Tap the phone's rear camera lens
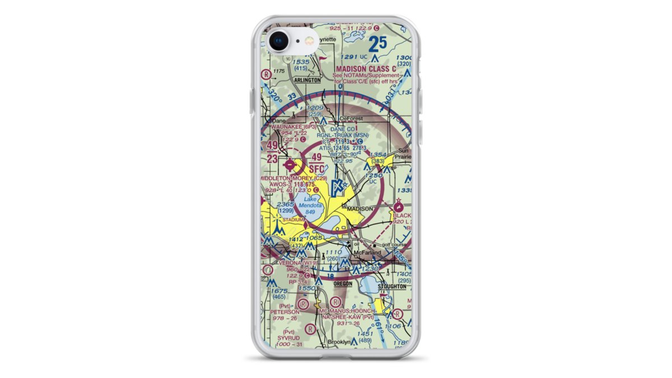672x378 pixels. tap(278, 41)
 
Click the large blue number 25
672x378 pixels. tap(378, 44)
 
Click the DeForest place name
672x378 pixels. tap(352, 119)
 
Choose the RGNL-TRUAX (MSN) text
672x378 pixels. tap(343, 135)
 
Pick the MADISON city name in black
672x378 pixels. tap(360, 208)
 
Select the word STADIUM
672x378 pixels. tap(293, 220)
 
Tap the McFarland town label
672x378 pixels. tap(367, 253)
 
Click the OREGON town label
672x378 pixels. tap(343, 284)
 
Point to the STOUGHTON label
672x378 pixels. tap(392, 286)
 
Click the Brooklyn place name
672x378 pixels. tap(339, 342)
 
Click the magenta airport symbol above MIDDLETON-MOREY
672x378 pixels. tap(289, 165)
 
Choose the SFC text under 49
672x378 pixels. tap(317, 169)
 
